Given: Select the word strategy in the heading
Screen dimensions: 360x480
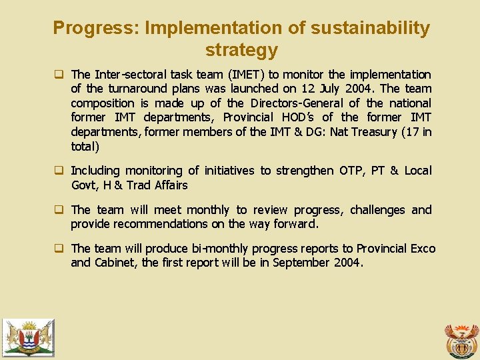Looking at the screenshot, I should click(x=241, y=50).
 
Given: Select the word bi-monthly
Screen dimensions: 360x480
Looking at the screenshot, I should click(x=217, y=249).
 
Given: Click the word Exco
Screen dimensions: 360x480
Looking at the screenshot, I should click(x=423, y=249).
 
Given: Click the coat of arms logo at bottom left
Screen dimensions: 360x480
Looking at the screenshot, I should click(x=28, y=337).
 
